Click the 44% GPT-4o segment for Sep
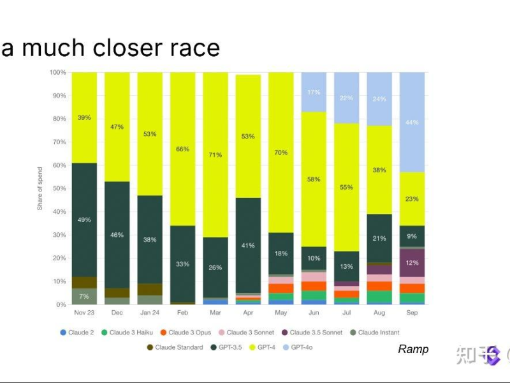coord(412,122)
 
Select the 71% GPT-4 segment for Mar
coord(215,154)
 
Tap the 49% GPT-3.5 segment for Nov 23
coord(84,220)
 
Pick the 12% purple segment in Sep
coord(412,262)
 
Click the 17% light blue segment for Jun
coord(314,92)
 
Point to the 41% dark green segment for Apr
coord(248,245)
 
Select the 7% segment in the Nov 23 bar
coord(84,296)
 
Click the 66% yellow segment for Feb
coord(182,149)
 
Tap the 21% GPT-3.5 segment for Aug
coord(379,238)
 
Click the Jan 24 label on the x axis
coord(150,313)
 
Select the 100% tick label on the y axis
coord(57,72)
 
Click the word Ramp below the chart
coord(413,349)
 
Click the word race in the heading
coord(191,48)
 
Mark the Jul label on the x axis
coord(347,313)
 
